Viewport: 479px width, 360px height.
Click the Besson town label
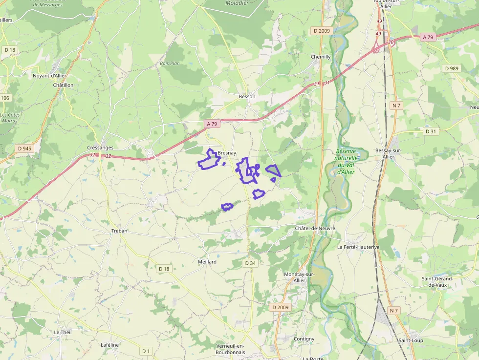coord(247,97)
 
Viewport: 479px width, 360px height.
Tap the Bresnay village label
coord(227,153)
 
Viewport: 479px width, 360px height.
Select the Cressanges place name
coord(100,148)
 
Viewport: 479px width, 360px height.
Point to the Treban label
coord(119,231)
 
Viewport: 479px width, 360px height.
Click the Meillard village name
coord(207,262)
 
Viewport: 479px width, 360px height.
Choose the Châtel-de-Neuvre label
coord(314,229)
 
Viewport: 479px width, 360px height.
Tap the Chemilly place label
coord(321,57)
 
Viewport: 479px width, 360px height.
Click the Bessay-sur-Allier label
coord(388,153)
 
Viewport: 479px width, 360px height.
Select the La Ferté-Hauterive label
coord(358,247)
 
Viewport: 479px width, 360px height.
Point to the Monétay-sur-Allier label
coord(299,277)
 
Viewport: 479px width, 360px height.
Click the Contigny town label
coord(304,339)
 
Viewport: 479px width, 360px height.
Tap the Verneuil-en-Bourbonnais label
coord(230,349)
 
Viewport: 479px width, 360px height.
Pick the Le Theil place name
coord(63,332)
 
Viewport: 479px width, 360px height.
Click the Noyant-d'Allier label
coord(49,76)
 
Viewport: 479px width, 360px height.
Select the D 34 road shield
coord(250,263)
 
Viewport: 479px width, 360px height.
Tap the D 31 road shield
coord(430,131)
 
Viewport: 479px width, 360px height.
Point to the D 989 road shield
coord(452,68)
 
